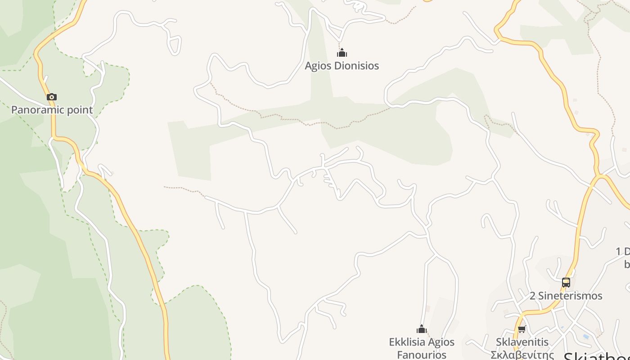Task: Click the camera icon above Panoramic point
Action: [x=52, y=97]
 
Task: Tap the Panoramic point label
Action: [x=52, y=110]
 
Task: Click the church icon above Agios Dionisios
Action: [x=342, y=53]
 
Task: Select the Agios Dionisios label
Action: [x=342, y=66]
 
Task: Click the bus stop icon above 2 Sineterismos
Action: [x=566, y=283]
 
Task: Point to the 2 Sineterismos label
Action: [x=566, y=296]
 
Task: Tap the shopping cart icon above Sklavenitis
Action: [x=522, y=329]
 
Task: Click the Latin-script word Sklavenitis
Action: [x=522, y=342]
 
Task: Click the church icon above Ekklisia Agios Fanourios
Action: [x=422, y=329]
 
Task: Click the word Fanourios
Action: [x=422, y=355]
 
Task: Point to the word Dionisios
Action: [x=355, y=66]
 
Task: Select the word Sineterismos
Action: [x=571, y=296]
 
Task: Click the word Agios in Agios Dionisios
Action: [x=317, y=66]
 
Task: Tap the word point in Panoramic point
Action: [x=81, y=110]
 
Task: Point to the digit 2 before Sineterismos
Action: [x=533, y=296]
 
